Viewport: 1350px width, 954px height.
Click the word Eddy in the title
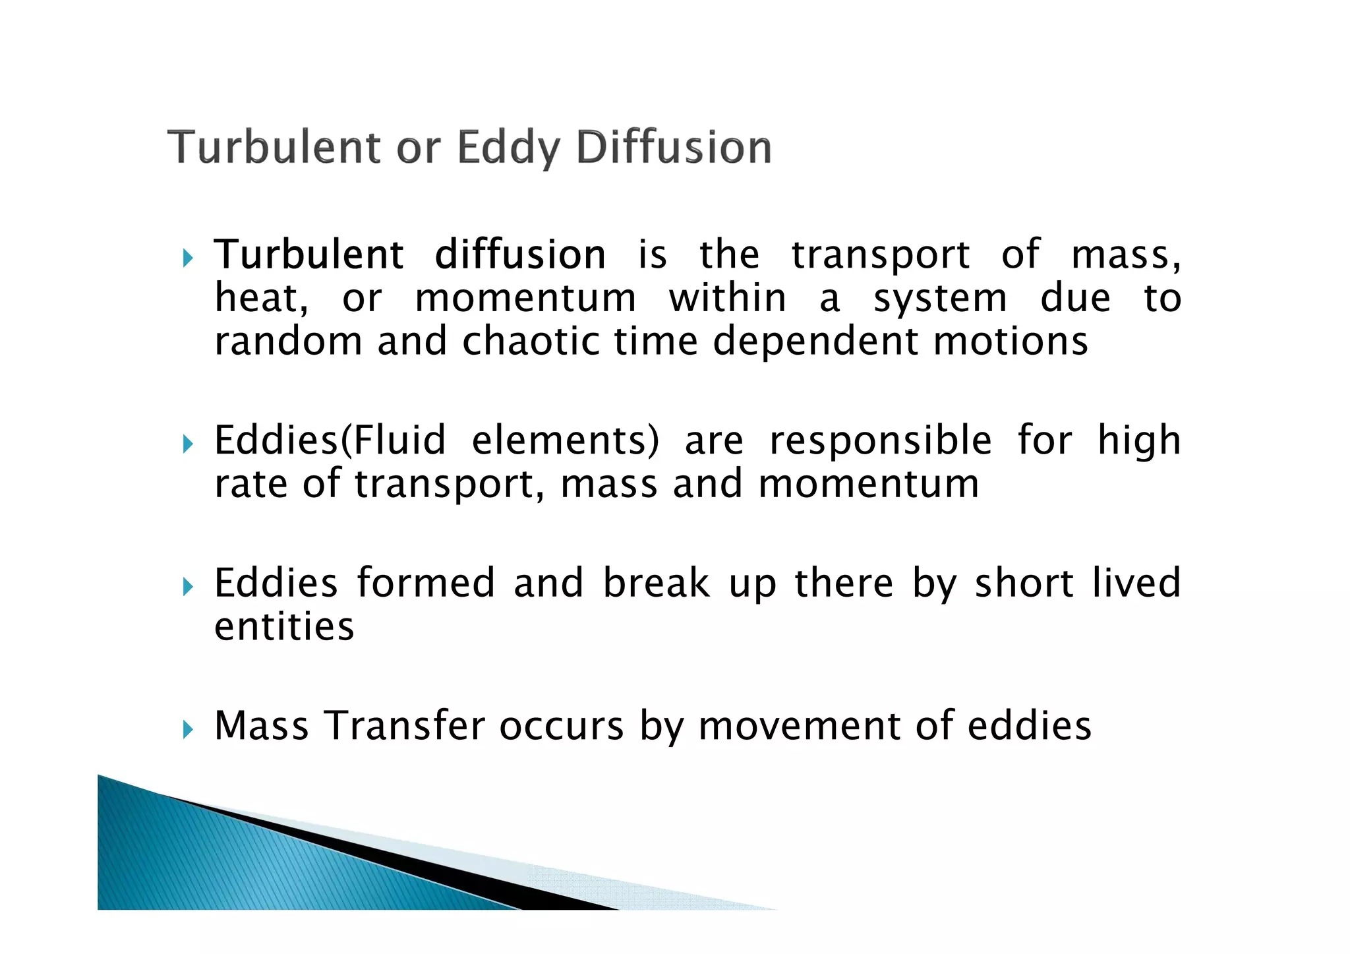click(x=509, y=148)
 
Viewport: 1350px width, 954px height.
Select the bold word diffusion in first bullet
click(x=520, y=254)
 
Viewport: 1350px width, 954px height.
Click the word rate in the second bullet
click(x=251, y=484)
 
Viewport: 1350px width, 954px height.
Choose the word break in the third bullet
click(x=657, y=583)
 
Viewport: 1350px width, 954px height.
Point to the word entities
click(x=284, y=626)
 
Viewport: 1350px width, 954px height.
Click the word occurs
click(x=561, y=727)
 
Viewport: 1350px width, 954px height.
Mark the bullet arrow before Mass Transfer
click(x=188, y=729)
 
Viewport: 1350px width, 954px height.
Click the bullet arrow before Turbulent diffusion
click(x=188, y=258)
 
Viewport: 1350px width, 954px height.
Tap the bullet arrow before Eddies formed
click(x=188, y=586)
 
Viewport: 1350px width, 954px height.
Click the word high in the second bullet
click(x=1138, y=441)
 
